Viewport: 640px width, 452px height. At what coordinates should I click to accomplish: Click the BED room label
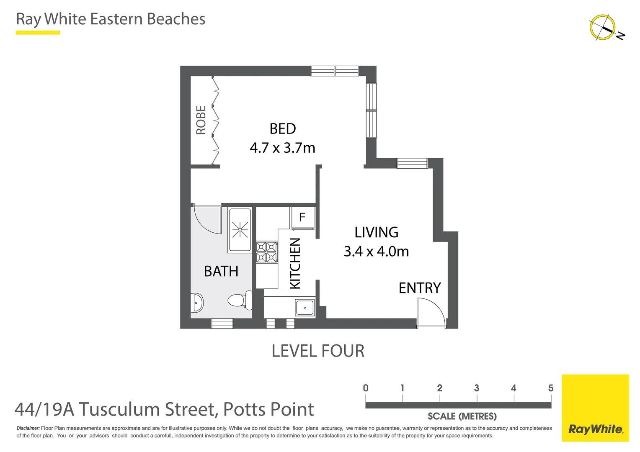click(283, 129)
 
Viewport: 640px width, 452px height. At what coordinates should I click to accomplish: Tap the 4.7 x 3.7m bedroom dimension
click(282, 148)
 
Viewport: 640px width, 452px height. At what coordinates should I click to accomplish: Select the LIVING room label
click(376, 232)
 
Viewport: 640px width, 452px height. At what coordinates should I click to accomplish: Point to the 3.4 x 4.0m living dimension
click(376, 252)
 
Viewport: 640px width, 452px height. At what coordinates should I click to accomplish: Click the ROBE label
click(201, 120)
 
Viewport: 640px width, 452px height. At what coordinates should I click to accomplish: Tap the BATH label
click(221, 272)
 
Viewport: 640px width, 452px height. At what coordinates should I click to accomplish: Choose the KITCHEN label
click(295, 263)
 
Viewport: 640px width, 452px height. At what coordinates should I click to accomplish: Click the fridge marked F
click(302, 218)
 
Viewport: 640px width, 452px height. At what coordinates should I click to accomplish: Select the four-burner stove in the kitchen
click(267, 252)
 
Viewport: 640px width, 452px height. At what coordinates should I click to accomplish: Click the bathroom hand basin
click(197, 303)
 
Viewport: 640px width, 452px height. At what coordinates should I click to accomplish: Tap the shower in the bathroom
click(240, 229)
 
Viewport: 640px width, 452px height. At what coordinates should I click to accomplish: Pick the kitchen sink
click(305, 308)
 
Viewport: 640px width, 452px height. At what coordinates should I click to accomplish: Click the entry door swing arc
click(431, 312)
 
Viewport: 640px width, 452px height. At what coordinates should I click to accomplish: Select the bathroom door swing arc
click(208, 220)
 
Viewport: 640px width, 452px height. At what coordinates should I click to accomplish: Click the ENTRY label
click(420, 288)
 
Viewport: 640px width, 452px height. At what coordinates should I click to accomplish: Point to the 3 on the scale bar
click(477, 388)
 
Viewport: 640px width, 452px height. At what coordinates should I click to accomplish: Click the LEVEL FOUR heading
click(318, 351)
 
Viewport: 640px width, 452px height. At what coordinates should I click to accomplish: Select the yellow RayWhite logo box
click(595, 408)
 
